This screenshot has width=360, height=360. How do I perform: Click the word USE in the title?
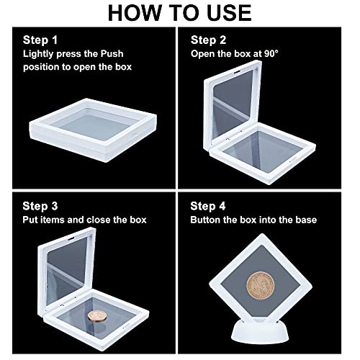(229, 13)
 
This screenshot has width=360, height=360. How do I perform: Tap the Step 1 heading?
(40, 40)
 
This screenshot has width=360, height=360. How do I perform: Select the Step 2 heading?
(208, 40)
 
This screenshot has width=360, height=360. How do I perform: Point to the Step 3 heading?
(40, 206)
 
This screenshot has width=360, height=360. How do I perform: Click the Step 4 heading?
(208, 206)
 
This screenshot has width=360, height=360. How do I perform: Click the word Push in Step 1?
(112, 53)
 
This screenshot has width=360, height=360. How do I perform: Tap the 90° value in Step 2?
(271, 53)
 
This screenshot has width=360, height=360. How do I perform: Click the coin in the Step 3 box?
(97, 316)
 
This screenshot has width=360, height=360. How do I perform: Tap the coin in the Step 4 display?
(261, 285)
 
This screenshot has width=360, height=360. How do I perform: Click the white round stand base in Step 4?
(260, 331)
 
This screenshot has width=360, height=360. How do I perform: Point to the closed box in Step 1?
(93, 130)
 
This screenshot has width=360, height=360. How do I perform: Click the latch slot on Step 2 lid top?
(238, 72)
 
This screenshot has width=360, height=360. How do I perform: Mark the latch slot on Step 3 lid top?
(71, 238)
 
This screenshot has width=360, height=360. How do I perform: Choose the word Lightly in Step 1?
(38, 54)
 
